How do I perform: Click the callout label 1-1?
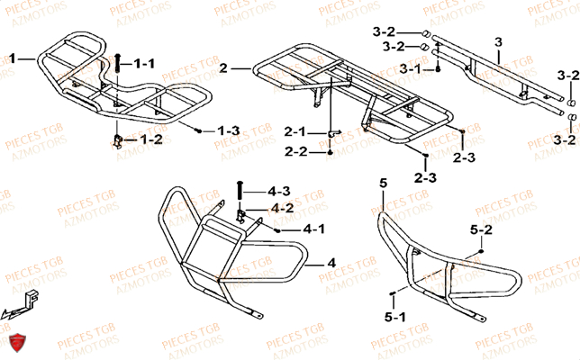point(145,64)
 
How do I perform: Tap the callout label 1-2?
point(150,139)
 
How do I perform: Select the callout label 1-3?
point(228,131)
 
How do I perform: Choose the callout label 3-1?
point(412,68)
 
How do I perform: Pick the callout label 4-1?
point(314,230)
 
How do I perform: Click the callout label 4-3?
point(279,191)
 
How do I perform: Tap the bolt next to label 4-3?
point(239,192)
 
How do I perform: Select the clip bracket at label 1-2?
point(117,139)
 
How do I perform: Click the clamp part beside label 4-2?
point(241,214)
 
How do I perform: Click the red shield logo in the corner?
point(15,342)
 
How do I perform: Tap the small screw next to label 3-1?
point(437,69)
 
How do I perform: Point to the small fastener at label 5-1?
point(394,294)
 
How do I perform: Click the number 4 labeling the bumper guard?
point(331,265)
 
